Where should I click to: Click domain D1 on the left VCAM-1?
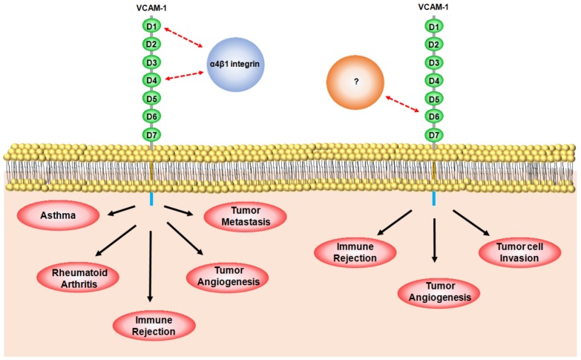[151, 27]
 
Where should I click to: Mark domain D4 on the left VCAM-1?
[151, 79]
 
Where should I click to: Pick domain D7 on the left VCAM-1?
[151, 134]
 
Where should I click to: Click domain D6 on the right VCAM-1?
[434, 117]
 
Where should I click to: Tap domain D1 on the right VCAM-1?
[434, 27]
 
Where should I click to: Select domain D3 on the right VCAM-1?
[434, 62]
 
